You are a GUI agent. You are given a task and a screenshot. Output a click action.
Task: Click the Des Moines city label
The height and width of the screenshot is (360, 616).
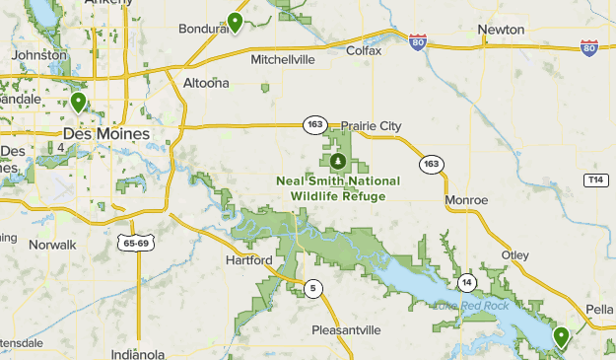tap(106, 133)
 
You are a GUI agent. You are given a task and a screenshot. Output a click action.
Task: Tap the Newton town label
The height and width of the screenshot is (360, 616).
tap(501, 30)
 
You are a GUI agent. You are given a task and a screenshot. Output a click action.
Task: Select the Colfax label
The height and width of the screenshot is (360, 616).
tap(364, 50)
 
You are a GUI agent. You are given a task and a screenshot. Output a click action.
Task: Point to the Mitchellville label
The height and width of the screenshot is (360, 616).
tap(282, 59)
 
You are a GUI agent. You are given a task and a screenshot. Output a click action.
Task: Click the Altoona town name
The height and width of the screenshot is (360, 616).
tap(206, 83)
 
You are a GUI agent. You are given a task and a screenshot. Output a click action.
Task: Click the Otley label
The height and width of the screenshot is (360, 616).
tap(515, 253)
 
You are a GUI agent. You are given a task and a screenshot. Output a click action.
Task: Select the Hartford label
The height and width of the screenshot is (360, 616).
tap(248, 260)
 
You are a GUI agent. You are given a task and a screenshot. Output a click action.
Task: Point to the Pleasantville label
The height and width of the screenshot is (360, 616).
tap(345, 329)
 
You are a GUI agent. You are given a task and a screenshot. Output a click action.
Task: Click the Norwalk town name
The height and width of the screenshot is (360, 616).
tap(52, 244)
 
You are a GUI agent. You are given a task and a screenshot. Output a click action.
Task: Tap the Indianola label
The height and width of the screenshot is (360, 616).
tap(138, 354)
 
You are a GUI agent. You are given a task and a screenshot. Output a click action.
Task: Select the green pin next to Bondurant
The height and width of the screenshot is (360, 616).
tap(235, 22)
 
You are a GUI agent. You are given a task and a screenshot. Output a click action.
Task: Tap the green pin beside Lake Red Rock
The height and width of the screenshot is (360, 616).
tap(561, 337)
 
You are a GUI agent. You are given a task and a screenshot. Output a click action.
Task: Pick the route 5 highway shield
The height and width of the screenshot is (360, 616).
tap(313, 288)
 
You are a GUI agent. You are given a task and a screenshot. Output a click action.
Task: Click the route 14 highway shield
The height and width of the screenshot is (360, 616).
tap(467, 283)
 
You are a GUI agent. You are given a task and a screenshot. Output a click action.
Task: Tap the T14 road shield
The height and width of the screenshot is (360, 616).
tap(594, 180)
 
